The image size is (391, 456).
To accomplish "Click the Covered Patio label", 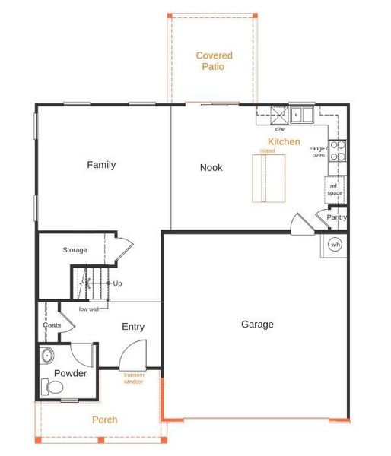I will click(214, 61).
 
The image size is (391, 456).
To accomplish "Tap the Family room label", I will click(101, 165).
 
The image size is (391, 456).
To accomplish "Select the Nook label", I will click(211, 167).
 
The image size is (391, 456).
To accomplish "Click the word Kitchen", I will click(284, 142).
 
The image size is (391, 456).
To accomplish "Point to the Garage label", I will click(257, 325).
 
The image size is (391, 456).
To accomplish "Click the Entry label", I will click(133, 327).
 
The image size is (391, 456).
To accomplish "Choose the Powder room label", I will click(70, 373).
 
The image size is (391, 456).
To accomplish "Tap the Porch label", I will click(105, 420).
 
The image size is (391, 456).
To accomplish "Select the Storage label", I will click(75, 250).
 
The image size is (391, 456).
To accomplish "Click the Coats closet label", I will click(52, 325).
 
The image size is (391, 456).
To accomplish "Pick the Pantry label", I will click(337, 217).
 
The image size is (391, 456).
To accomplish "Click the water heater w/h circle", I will click(335, 245).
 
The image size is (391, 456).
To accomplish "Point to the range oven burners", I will click(339, 151).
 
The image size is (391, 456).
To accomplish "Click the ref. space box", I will click(335, 189).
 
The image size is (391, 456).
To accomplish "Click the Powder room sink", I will click(48, 354).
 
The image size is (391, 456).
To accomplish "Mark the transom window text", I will click(134, 378).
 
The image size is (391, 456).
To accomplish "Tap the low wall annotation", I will click(89, 309).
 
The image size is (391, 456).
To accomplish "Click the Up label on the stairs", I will click(118, 283).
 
